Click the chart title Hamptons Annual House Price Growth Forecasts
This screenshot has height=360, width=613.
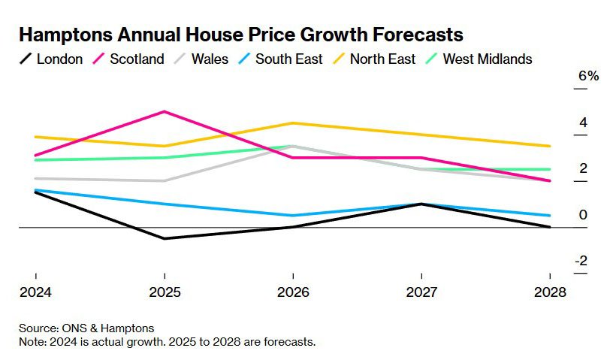(x=240, y=35)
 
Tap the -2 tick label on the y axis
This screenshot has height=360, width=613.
(x=581, y=261)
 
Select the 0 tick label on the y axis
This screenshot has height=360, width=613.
(x=583, y=215)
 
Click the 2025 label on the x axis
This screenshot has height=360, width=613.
(x=164, y=292)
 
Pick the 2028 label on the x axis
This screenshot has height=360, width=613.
(x=550, y=292)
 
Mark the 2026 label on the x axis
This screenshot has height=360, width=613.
(x=293, y=292)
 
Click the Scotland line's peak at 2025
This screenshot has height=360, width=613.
(x=164, y=112)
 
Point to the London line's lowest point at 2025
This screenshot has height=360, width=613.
(x=164, y=238)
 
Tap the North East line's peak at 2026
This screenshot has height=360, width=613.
(x=293, y=123)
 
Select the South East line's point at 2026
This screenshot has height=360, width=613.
(x=293, y=216)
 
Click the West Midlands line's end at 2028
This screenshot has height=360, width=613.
(x=550, y=169)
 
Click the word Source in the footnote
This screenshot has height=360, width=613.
(x=38, y=328)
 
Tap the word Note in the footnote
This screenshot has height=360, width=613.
(x=32, y=342)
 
